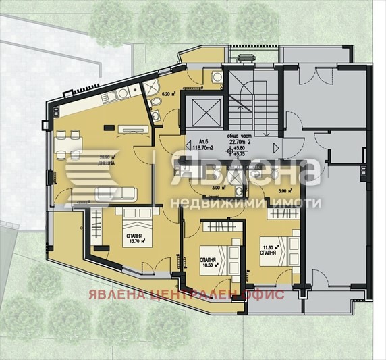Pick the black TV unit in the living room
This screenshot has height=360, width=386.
pyautogui.click(x=109, y=127)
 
